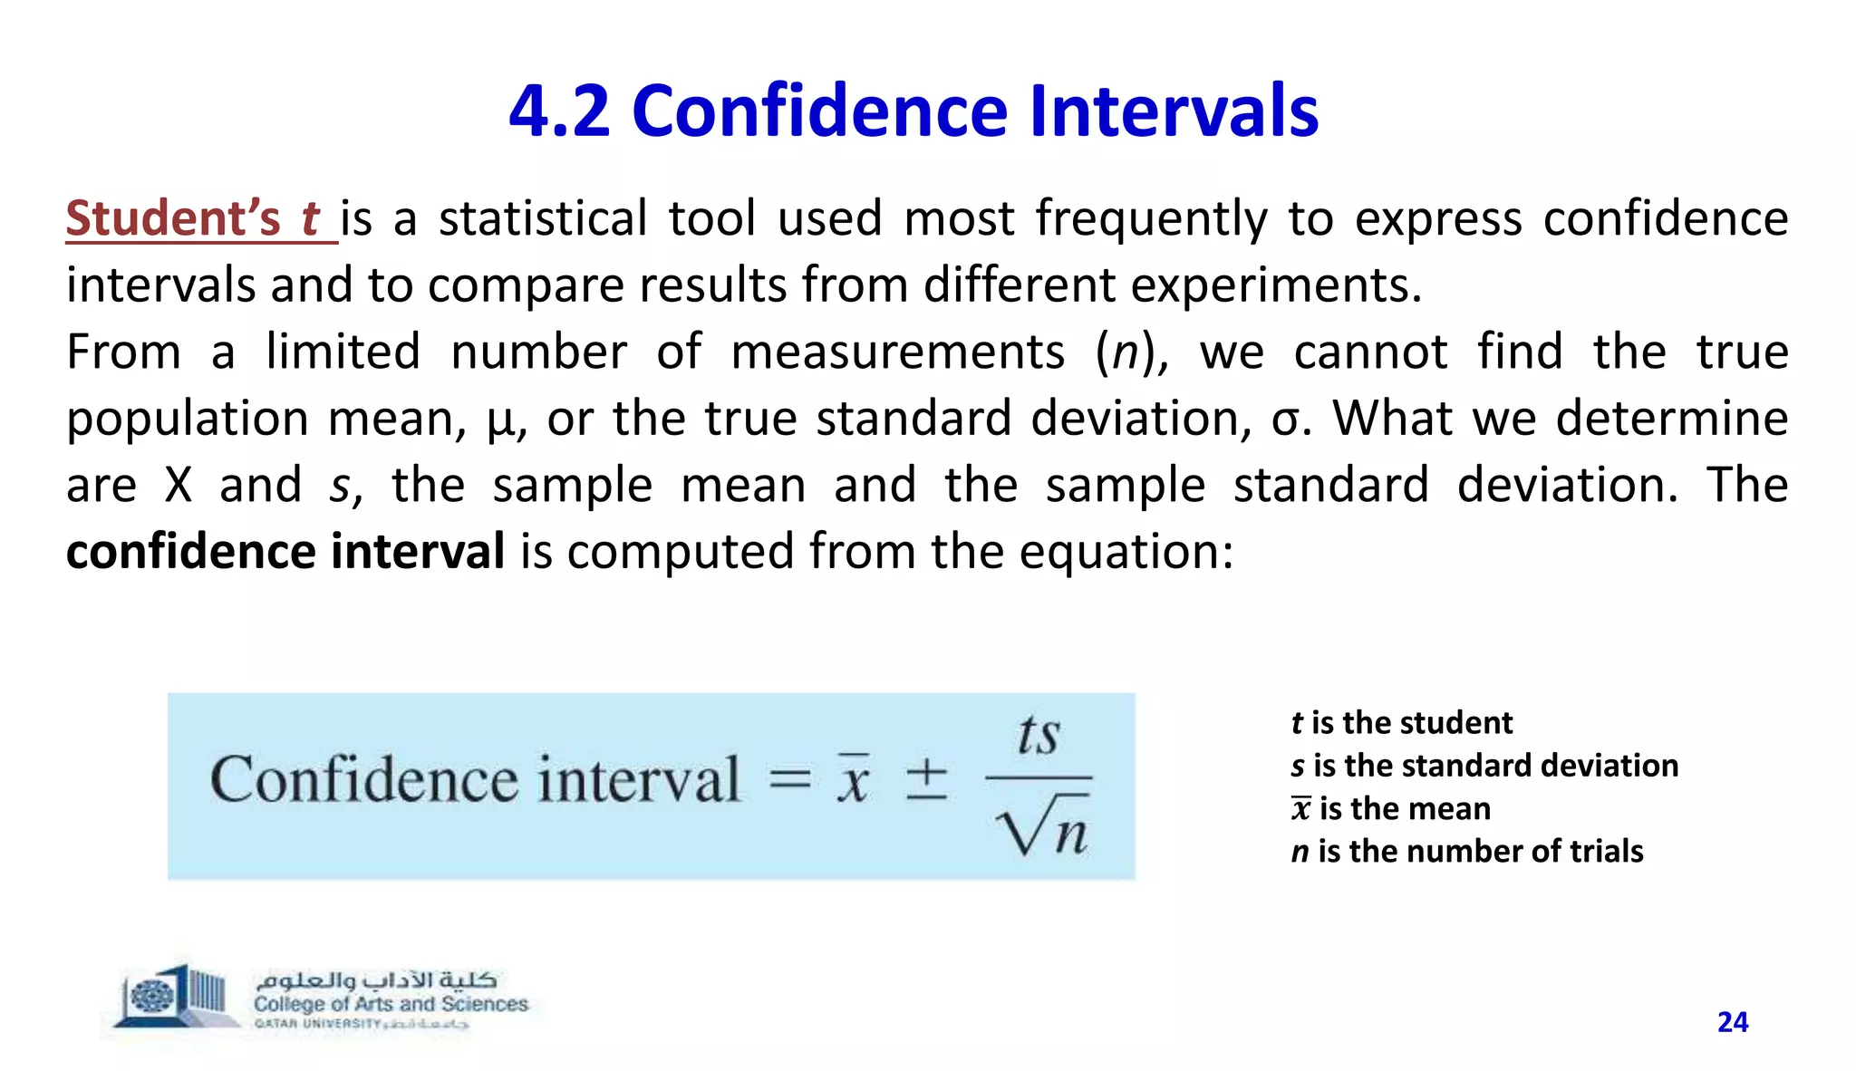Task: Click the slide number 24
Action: tap(1732, 1022)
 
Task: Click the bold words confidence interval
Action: tap(285, 552)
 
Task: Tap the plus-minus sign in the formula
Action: tap(927, 780)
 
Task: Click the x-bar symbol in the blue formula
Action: tap(852, 780)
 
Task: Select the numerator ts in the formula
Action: tap(1039, 735)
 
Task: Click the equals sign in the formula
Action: tap(789, 780)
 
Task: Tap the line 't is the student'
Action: tap(1401, 723)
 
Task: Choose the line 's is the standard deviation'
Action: tap(1484, 766)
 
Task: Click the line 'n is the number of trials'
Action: tap(1466, 852)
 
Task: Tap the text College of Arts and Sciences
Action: tap(391, 1004)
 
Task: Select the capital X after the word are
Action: tap(179, 486)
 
